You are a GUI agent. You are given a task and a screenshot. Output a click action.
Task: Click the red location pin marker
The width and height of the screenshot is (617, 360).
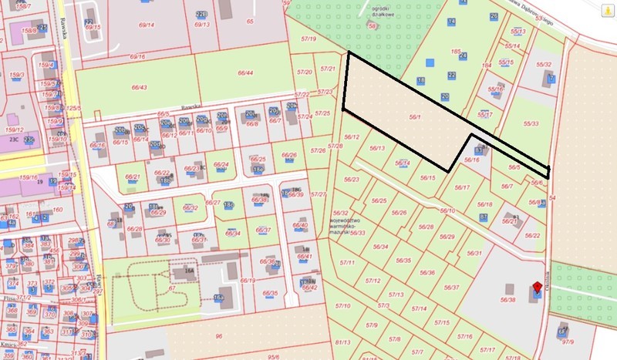click(537, 288)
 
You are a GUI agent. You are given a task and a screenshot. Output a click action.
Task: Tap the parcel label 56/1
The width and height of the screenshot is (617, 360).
click(415, 116)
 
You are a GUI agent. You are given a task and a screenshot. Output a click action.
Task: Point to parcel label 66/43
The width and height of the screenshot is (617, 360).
click(140, 87)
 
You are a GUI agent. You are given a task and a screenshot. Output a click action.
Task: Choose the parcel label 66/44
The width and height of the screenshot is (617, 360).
click(246, 73)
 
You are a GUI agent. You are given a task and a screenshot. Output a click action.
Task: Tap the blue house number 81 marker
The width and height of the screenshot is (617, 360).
click(483, 218)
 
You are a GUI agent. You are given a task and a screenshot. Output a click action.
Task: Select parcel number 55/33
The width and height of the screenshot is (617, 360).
click(531, 123)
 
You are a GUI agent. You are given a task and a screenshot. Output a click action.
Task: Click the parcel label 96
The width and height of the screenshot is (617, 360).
click(218, 336)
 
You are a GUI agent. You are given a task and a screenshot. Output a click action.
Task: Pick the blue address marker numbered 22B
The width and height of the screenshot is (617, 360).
click(201, 14)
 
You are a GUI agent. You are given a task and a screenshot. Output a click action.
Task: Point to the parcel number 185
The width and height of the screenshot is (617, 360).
click(457, 52)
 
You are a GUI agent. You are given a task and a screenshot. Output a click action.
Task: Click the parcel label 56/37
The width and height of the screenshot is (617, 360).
click(450, 287)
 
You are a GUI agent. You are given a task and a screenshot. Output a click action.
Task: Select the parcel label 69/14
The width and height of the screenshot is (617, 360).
click(146, 25)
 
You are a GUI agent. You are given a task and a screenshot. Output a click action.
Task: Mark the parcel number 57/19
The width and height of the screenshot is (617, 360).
click(309, 38)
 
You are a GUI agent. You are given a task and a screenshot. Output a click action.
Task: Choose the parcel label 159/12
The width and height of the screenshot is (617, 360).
click(17, 129)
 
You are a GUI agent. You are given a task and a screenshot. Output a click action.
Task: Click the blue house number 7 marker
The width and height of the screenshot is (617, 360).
click(551, 78)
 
